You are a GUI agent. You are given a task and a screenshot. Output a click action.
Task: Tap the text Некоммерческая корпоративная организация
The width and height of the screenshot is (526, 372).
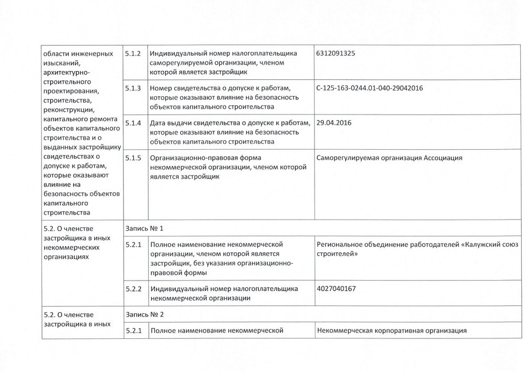[x=392, y=331]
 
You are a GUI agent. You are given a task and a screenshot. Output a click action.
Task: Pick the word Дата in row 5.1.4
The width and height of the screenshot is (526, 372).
[x=158, y=123]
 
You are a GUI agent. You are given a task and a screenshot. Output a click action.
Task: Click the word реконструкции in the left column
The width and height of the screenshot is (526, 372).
[x=68, y=110]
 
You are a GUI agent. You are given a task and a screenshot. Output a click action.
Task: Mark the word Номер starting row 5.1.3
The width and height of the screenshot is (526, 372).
[x=161, y=88]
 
